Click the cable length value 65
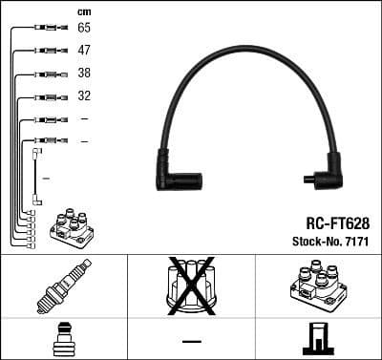point(84,29)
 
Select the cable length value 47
point(84,50)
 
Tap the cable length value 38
point(84,74)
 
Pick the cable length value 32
point(84,96)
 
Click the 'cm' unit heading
point(84,11)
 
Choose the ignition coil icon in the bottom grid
point(319,286)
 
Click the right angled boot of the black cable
point(325,171)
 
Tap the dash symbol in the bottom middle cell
point(192,341)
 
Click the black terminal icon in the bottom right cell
point(319,340)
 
